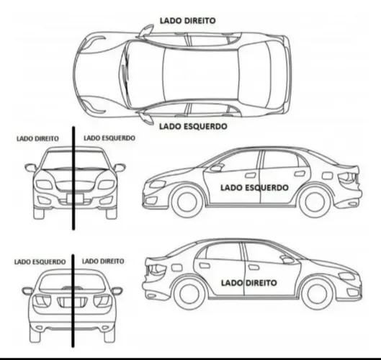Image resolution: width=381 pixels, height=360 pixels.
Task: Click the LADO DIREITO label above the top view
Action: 187,21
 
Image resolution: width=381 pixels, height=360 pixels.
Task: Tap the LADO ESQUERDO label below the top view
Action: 193,126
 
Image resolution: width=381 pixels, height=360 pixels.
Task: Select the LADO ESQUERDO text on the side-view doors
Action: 254,187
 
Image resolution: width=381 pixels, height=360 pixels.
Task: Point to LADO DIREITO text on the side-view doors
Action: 248,283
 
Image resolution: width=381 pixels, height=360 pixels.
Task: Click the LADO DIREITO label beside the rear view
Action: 103,261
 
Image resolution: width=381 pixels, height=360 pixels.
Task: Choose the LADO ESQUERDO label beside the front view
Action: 109,138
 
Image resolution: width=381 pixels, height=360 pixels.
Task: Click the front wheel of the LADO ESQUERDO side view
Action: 187,202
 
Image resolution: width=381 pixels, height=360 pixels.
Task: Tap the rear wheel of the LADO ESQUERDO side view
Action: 315,202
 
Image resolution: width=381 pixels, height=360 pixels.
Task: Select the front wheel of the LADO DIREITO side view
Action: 317,294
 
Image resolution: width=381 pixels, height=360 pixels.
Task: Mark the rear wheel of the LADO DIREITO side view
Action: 189,294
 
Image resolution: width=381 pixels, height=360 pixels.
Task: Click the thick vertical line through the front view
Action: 73,178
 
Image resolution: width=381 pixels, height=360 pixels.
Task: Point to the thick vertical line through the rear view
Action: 73,301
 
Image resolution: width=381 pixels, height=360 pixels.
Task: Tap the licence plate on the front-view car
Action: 75,198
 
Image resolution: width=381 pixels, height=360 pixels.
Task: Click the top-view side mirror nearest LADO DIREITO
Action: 145,31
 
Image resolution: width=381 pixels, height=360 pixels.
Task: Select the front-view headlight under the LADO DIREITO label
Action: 44,185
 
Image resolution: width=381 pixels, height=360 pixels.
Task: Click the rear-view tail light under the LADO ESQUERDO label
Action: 41,301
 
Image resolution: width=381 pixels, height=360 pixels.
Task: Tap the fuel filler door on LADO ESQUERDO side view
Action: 327,176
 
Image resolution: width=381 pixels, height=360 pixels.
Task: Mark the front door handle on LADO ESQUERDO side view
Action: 251,176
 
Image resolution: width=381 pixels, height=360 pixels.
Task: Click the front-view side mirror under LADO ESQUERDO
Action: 120,168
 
